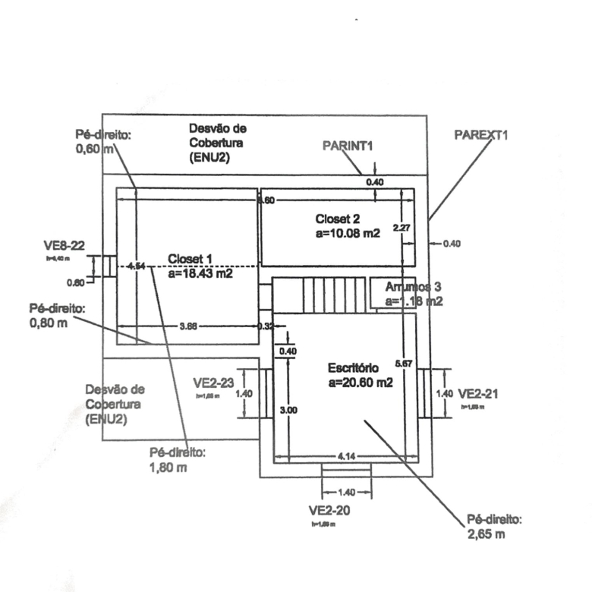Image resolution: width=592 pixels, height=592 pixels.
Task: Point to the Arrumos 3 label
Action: pos(414,287)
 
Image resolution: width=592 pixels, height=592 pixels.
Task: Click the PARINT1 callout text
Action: pos(346,144)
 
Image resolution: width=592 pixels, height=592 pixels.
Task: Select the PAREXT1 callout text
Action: pos(481,134)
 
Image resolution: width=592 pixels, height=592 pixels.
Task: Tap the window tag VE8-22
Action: pos(64,244)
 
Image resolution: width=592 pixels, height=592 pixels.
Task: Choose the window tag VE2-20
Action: pos(329,509)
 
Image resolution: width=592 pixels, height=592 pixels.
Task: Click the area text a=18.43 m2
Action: pos(200,273)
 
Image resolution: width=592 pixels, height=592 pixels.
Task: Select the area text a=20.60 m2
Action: pos(361,383)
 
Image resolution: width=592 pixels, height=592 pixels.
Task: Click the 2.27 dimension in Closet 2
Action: pos(402,227)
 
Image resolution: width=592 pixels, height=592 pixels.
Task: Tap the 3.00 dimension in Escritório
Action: pos(288,410)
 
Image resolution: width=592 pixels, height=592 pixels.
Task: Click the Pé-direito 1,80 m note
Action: pos(178,460)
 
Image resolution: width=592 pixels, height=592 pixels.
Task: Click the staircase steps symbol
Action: pos(320,293)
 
